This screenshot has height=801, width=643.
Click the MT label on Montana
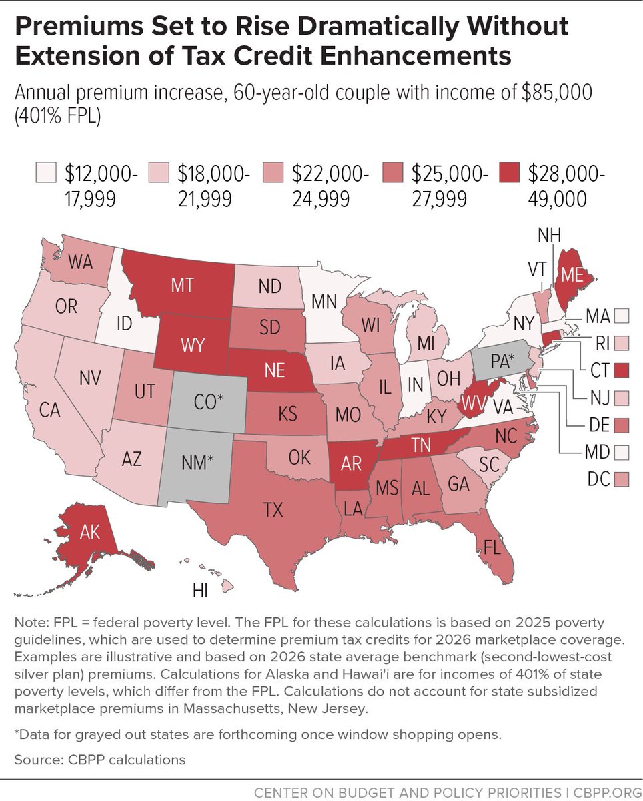(182, 285)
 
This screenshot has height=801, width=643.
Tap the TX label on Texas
(273, 511)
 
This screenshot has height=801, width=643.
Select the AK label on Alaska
(90, 532)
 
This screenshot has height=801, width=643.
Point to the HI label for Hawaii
(200, 591)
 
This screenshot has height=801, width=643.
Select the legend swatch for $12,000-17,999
(45, 174)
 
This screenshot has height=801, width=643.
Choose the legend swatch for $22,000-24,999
(273, 174)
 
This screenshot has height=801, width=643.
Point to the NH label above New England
(550, 236)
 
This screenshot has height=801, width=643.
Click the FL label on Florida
(492, 549)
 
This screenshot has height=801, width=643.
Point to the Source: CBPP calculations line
(99, 760)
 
